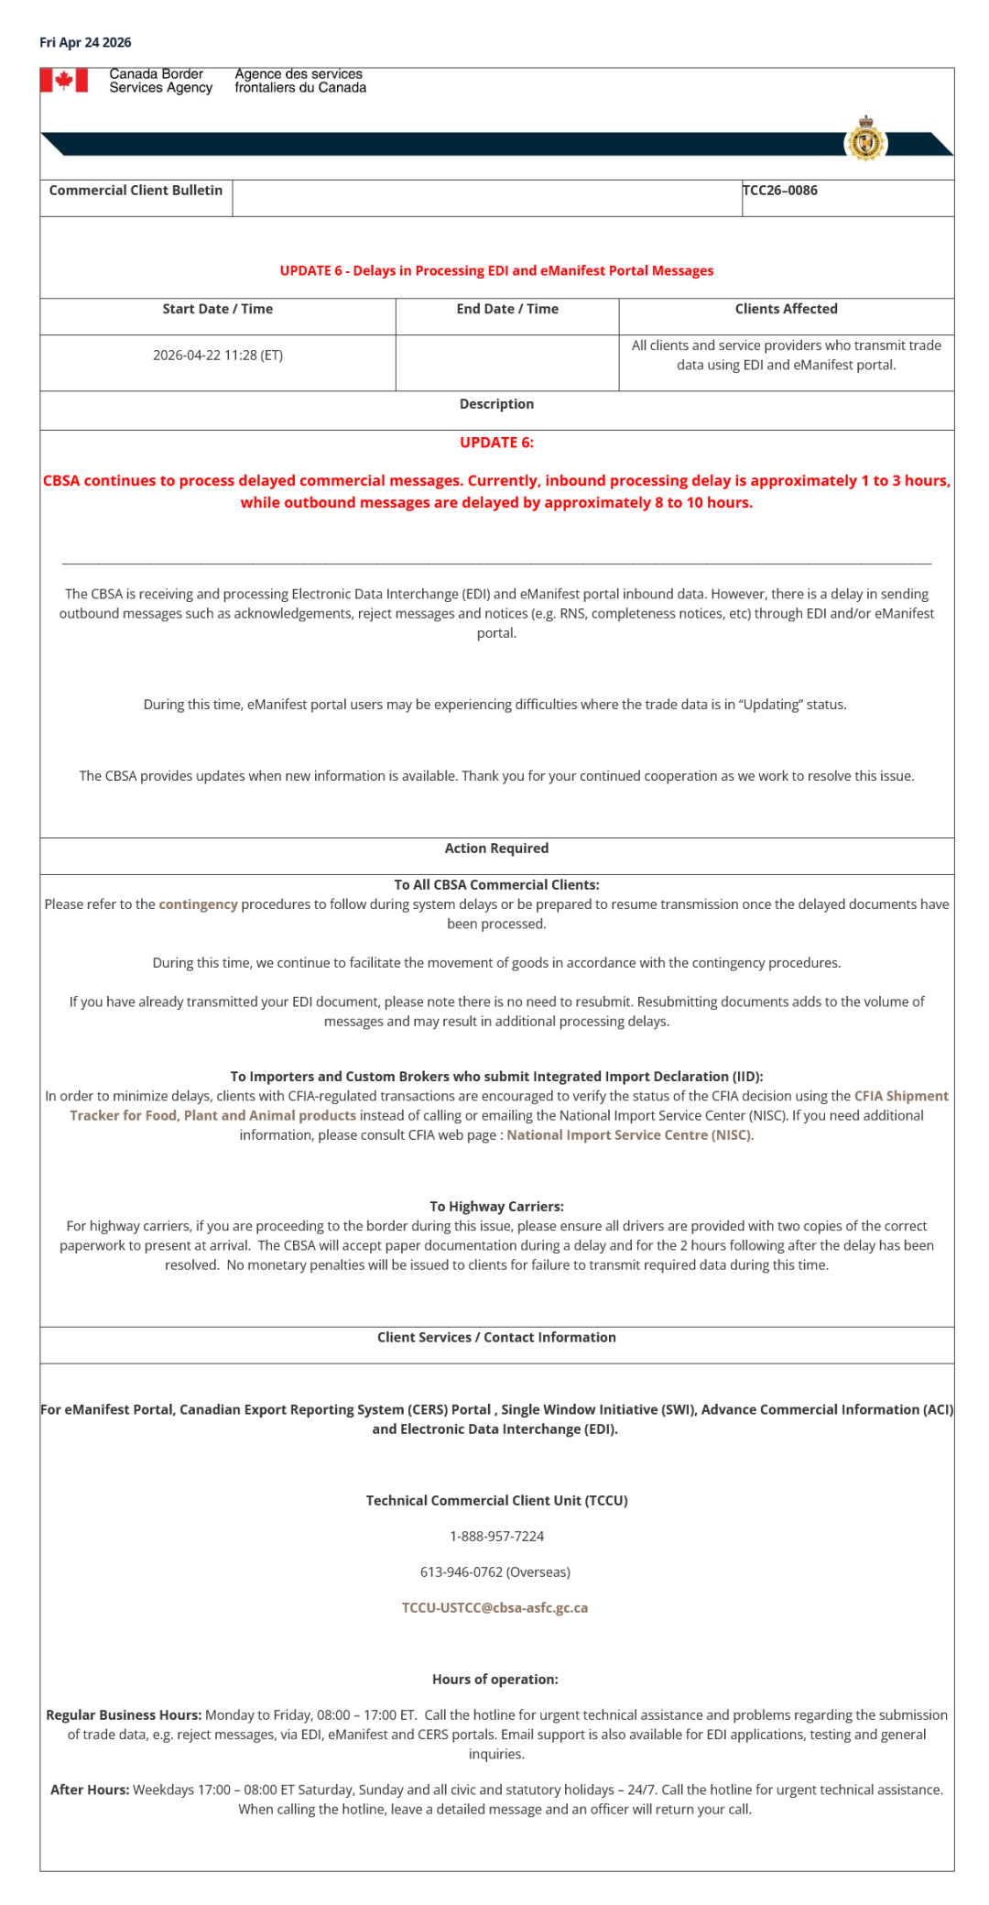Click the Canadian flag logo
tap(64, 81)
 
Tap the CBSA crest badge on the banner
tap(865, 140)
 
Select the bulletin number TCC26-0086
tap(780, 191)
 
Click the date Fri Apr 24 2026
tap(85, 42)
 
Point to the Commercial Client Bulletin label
tap(136, 191)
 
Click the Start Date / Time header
tap(218, 310)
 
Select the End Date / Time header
tap(507, 310)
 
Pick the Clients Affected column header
tap(786, 310)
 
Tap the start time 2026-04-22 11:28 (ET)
tap(218, 356)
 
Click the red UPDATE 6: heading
tap(496, 443)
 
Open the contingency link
tap(198, 904)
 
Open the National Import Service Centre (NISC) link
tap(629, 1135)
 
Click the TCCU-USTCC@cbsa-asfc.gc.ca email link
tap(494, 1608)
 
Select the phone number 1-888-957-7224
tap(496, 1537)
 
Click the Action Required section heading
tap(496, 848)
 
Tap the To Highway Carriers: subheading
tap(496, 1207)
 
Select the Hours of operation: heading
tap(494, 1680)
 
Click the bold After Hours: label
tap(90, 1790)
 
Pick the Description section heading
tap(496, 404)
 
